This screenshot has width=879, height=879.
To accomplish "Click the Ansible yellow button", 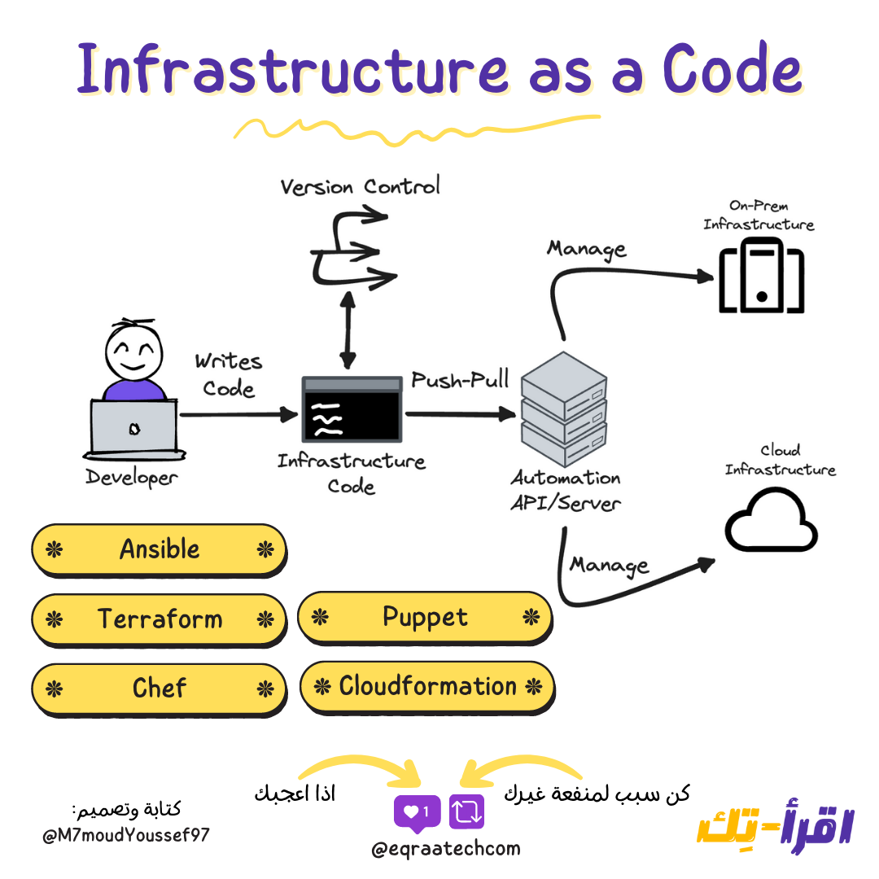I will coord(159,549).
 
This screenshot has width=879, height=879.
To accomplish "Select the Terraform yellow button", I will coord(159,619).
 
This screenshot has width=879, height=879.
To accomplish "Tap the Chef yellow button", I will coord(159,689).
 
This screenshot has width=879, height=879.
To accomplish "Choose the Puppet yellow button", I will coord(425,617).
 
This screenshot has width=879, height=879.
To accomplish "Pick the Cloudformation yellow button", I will coord(427,686).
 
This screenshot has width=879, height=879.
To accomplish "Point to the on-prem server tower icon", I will coord(762,275).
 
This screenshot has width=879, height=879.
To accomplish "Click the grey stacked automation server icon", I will coord(563,407).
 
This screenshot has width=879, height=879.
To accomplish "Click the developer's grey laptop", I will coord(133,428).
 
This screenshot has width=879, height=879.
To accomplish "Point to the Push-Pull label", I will coord(460,379).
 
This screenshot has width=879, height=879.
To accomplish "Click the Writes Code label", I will coord(229,374).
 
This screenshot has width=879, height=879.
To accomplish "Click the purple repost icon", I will coord(466,811).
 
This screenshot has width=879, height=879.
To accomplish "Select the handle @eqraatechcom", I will coord(445,849).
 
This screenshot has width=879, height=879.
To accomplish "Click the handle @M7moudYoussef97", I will coord(126,836).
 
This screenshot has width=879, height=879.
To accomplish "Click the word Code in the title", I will coord(731,68).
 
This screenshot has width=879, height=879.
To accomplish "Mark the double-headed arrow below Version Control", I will coord(348,333).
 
